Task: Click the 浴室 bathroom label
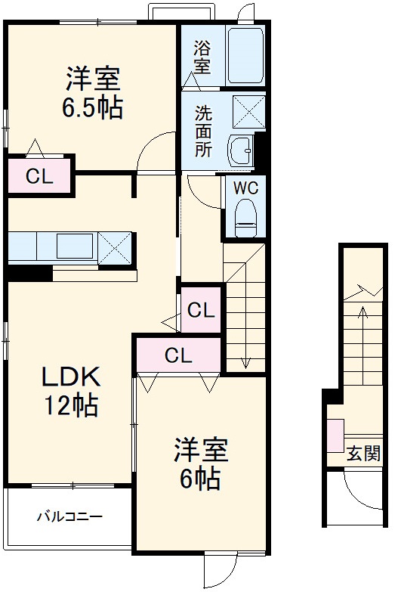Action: click(202, 57)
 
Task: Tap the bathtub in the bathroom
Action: click(245, 57)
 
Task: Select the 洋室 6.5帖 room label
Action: click(93, 92)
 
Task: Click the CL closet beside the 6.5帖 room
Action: click(39, 177)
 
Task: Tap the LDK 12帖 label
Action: click(70, 391)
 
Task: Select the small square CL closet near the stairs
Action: click(201, 309)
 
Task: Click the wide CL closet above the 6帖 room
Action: click(178, 354)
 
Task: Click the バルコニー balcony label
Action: click(69, 517)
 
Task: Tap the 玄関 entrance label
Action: click(363, 454)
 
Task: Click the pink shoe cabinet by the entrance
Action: click(335, 435)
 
